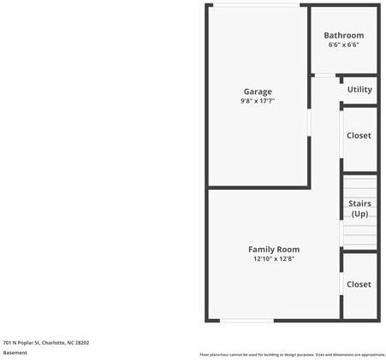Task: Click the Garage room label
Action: click(258, 91)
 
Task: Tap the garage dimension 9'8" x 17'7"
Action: click(258, 101)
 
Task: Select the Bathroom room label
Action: click(343, 35)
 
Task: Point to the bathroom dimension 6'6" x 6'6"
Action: click(343, 44)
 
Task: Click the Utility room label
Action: click(359, 89)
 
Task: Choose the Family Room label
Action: click(274, 249)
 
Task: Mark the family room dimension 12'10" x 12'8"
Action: click(274, 258)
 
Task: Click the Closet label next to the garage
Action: click(359, 135)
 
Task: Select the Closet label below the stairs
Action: click(359, 284)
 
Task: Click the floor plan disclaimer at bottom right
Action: click(292, 354)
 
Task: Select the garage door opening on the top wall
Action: click(257, 5)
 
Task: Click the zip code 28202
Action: click(82, 342)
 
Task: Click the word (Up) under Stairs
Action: click(359, 214)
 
